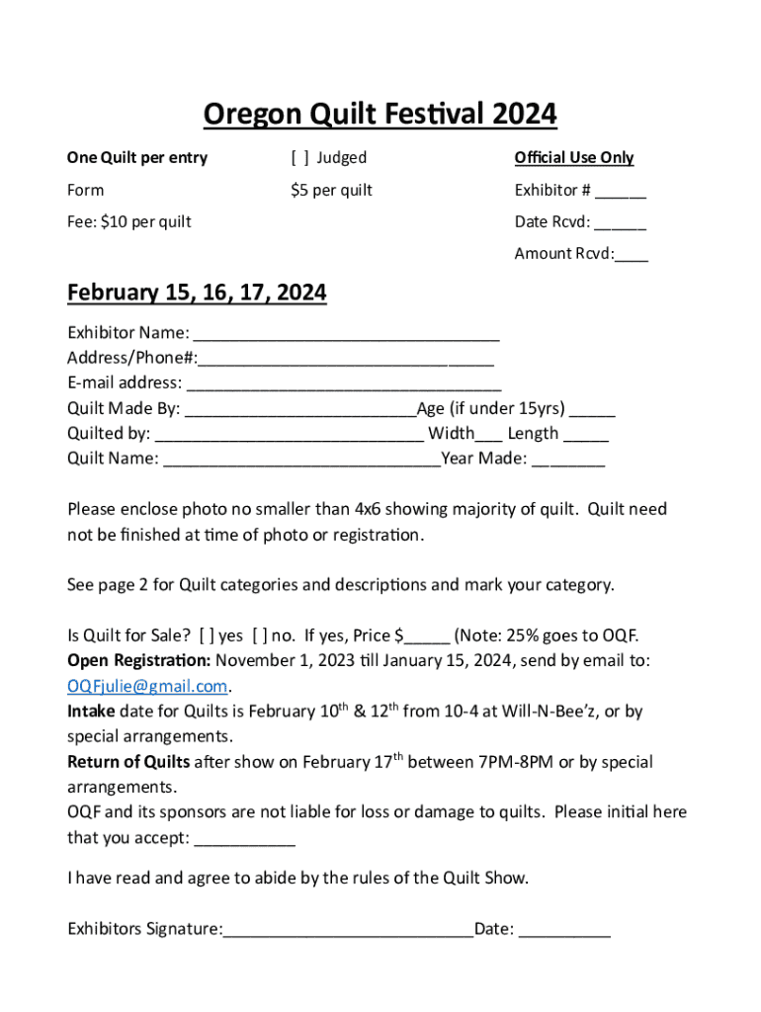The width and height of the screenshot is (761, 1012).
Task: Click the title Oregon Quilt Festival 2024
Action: [x=380, y=116]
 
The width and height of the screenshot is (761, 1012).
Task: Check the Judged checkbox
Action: [x=299, y=158]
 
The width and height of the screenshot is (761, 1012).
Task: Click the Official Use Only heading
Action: [x=573, y=158]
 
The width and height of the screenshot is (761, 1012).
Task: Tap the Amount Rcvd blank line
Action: [x=632, y=255]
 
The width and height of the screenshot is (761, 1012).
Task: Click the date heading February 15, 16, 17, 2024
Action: [x=197, y=294]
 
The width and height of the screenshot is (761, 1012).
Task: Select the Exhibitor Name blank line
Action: [x=346, y=333]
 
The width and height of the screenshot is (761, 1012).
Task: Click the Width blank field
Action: [x=488, y=435]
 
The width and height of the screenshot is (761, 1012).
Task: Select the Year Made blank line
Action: [x=568, y=460]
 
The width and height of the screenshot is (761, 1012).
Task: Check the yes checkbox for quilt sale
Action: [x=207, y=635]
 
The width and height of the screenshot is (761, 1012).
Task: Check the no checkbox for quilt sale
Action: [x=260, y=635]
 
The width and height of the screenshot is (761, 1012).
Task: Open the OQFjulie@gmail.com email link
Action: [x=147, y=686]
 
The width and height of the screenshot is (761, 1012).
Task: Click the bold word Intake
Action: [x=91, y=712]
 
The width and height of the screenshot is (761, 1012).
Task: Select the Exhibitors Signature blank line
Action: [x=348, y=930]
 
